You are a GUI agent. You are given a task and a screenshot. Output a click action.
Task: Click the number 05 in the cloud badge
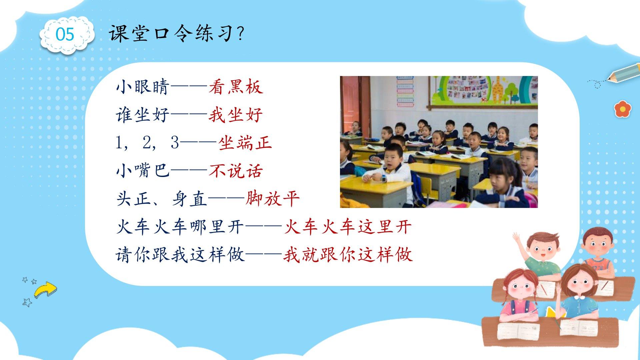click(65, 34)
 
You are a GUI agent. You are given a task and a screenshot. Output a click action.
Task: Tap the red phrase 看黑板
click(236, 88)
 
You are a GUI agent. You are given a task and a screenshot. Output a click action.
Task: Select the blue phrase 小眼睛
click(143, 88)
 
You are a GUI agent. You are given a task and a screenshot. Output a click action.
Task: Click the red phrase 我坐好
click(236, 115)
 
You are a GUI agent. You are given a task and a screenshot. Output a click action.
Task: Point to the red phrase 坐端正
click(245, 143)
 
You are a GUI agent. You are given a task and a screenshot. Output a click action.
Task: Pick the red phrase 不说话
click(236, 171)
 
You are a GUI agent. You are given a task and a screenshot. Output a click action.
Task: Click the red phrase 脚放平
click(273, 199)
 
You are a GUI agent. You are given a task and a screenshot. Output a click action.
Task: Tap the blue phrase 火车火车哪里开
click(180, 227)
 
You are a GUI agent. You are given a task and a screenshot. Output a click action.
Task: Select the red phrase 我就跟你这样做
click(348, 255)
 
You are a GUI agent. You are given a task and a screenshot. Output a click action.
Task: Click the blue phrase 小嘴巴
click(143, 171)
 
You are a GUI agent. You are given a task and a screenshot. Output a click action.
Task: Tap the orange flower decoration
click(623, 109)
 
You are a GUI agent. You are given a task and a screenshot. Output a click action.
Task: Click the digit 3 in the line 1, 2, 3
click(175, 143)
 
